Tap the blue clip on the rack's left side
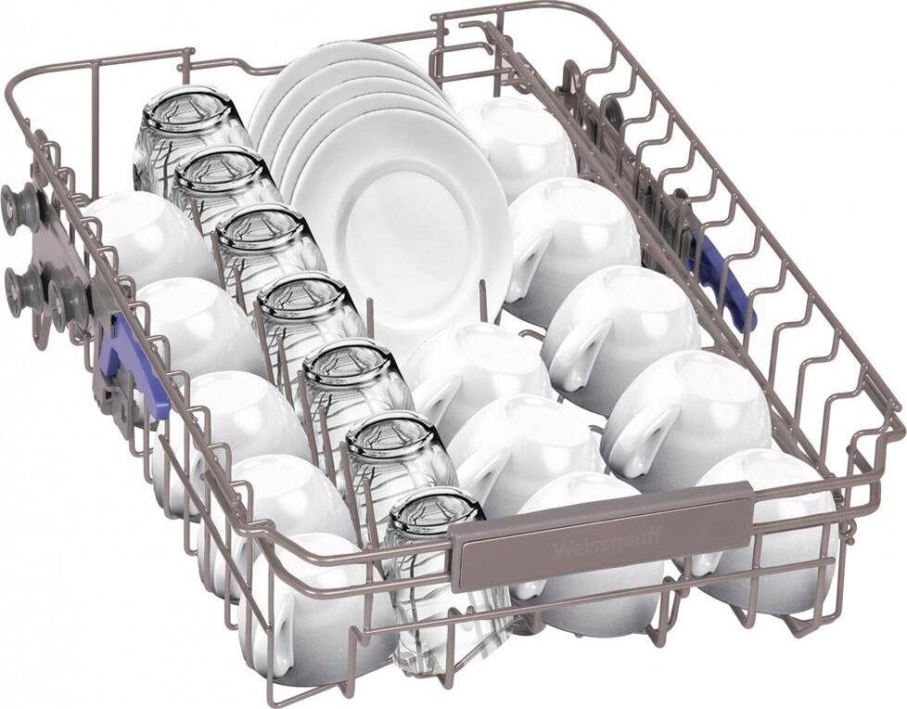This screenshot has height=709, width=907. tap(134, 366)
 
